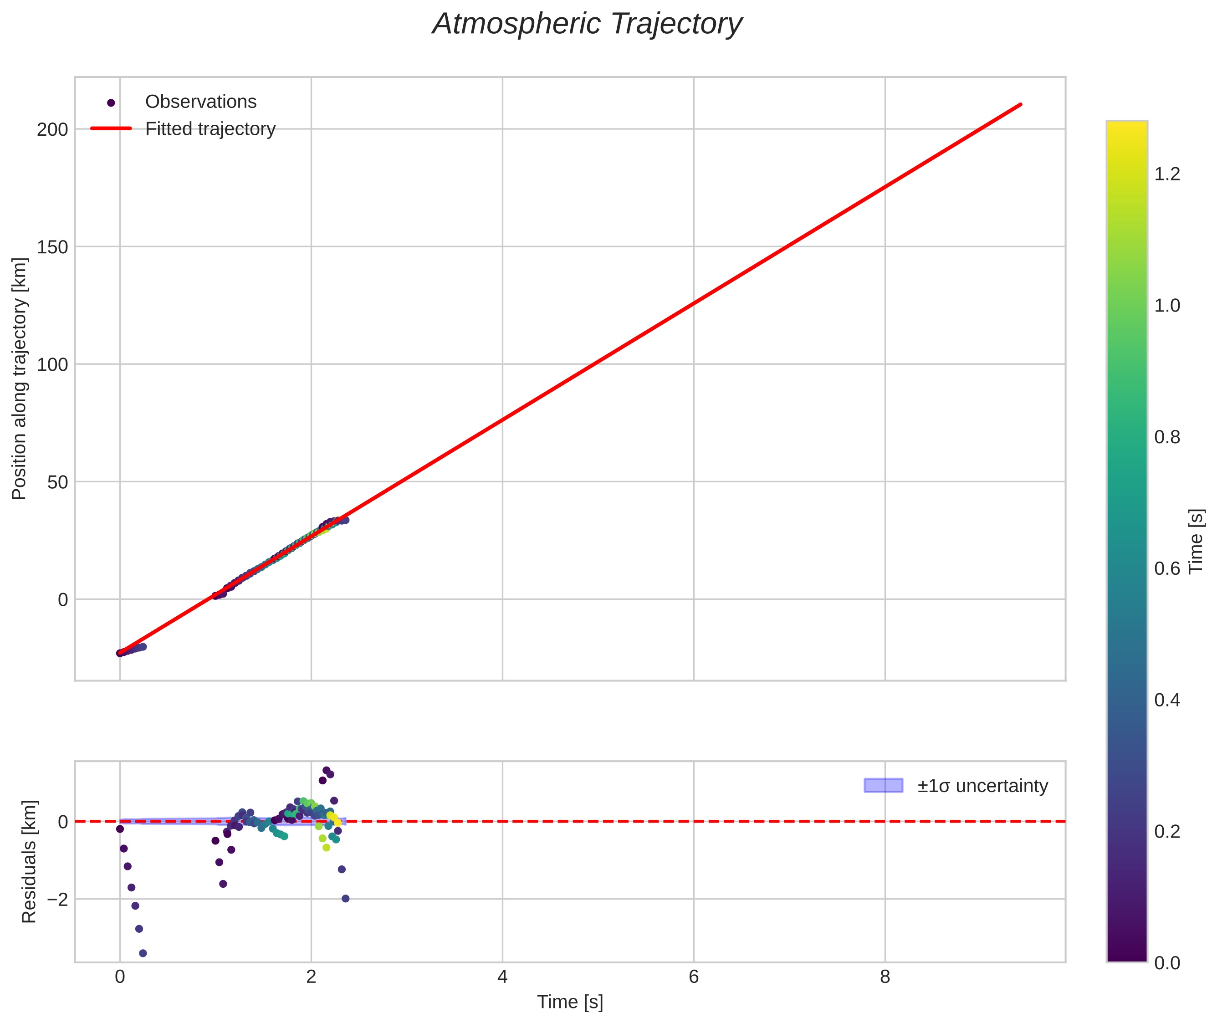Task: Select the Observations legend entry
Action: (200, 102)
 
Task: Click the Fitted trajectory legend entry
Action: (210, 129)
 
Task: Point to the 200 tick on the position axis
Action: (52, 129)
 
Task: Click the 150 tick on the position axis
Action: (52, 247)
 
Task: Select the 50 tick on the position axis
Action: (57, 482)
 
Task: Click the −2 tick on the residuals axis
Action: (57, 900)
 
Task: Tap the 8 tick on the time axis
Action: (885, 977)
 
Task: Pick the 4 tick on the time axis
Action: (502, 977)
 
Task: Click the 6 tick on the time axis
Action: (693, 977)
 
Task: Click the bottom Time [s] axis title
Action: (569, 1002)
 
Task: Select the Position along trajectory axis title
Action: (20, 379)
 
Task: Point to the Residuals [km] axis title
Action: (29, 862)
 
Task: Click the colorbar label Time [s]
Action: (1197, 541)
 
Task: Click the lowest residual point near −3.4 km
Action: (143, 953)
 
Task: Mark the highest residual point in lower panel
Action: (327, 770)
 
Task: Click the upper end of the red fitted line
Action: (1020, 104)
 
